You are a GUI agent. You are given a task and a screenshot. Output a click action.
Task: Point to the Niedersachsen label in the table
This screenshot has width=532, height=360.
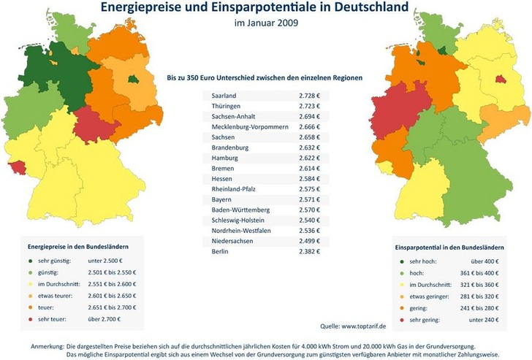tap(232, 240)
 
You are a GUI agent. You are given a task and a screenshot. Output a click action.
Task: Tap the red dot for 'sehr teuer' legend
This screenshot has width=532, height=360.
tap(31, 319)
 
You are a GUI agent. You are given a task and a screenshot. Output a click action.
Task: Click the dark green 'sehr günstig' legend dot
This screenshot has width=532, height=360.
tap(31, 261)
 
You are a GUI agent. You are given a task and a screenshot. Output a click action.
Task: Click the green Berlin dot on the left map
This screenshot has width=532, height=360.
tap(132, 79)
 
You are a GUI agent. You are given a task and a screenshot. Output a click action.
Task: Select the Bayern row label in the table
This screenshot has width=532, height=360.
tap(221, 199)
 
